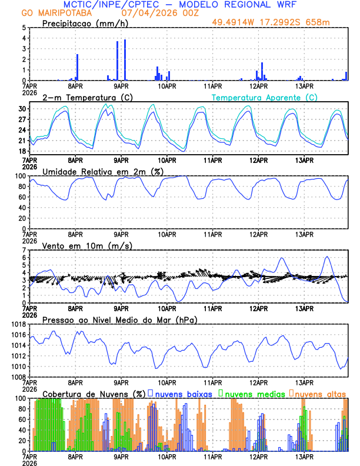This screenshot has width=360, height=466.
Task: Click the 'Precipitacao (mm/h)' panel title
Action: (x=85, y=23)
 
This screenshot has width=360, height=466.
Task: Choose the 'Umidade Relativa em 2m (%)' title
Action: (x=102, y=171)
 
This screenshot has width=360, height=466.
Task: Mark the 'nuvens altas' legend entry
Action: (x=319, y=394)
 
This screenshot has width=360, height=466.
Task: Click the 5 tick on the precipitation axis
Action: (x=24, y=28)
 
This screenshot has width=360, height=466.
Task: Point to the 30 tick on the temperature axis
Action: (x=22, y=109)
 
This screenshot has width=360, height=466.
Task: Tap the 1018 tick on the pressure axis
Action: (x=19, y=324)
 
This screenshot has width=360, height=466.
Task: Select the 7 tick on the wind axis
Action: (x=24, y=250)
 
